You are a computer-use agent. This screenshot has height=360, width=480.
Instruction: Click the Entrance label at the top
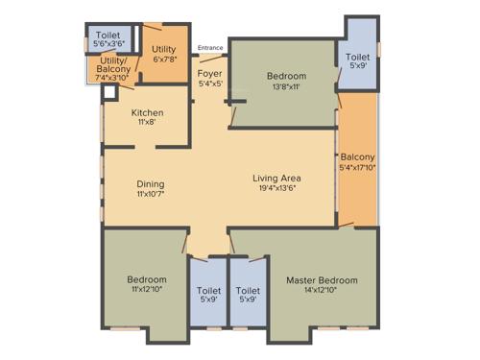(211, 47)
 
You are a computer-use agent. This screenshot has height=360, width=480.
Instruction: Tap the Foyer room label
(210, 73)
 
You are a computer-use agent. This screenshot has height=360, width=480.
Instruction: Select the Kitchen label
(148, 113)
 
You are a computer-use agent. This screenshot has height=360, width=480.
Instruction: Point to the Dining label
(150, 184)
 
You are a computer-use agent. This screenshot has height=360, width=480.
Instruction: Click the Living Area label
(277, 178)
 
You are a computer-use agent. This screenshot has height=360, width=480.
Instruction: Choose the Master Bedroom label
(322, 280)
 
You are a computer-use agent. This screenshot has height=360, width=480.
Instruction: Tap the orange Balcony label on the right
(357, 157)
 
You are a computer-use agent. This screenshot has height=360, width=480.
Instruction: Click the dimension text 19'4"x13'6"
(277, 189)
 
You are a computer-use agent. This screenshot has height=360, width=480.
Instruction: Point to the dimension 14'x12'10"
(322, 292)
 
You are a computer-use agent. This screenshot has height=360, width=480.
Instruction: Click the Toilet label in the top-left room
(107, 33)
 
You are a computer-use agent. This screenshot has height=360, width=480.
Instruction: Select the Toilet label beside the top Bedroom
(357, 58)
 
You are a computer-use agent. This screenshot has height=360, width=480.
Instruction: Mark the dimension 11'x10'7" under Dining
(150, 195)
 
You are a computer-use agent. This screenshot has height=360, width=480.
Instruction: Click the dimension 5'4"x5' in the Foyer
(210, 84)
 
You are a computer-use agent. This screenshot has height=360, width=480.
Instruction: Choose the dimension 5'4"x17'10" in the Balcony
(357, 169)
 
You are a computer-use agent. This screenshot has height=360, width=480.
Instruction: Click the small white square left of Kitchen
(109, 92)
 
